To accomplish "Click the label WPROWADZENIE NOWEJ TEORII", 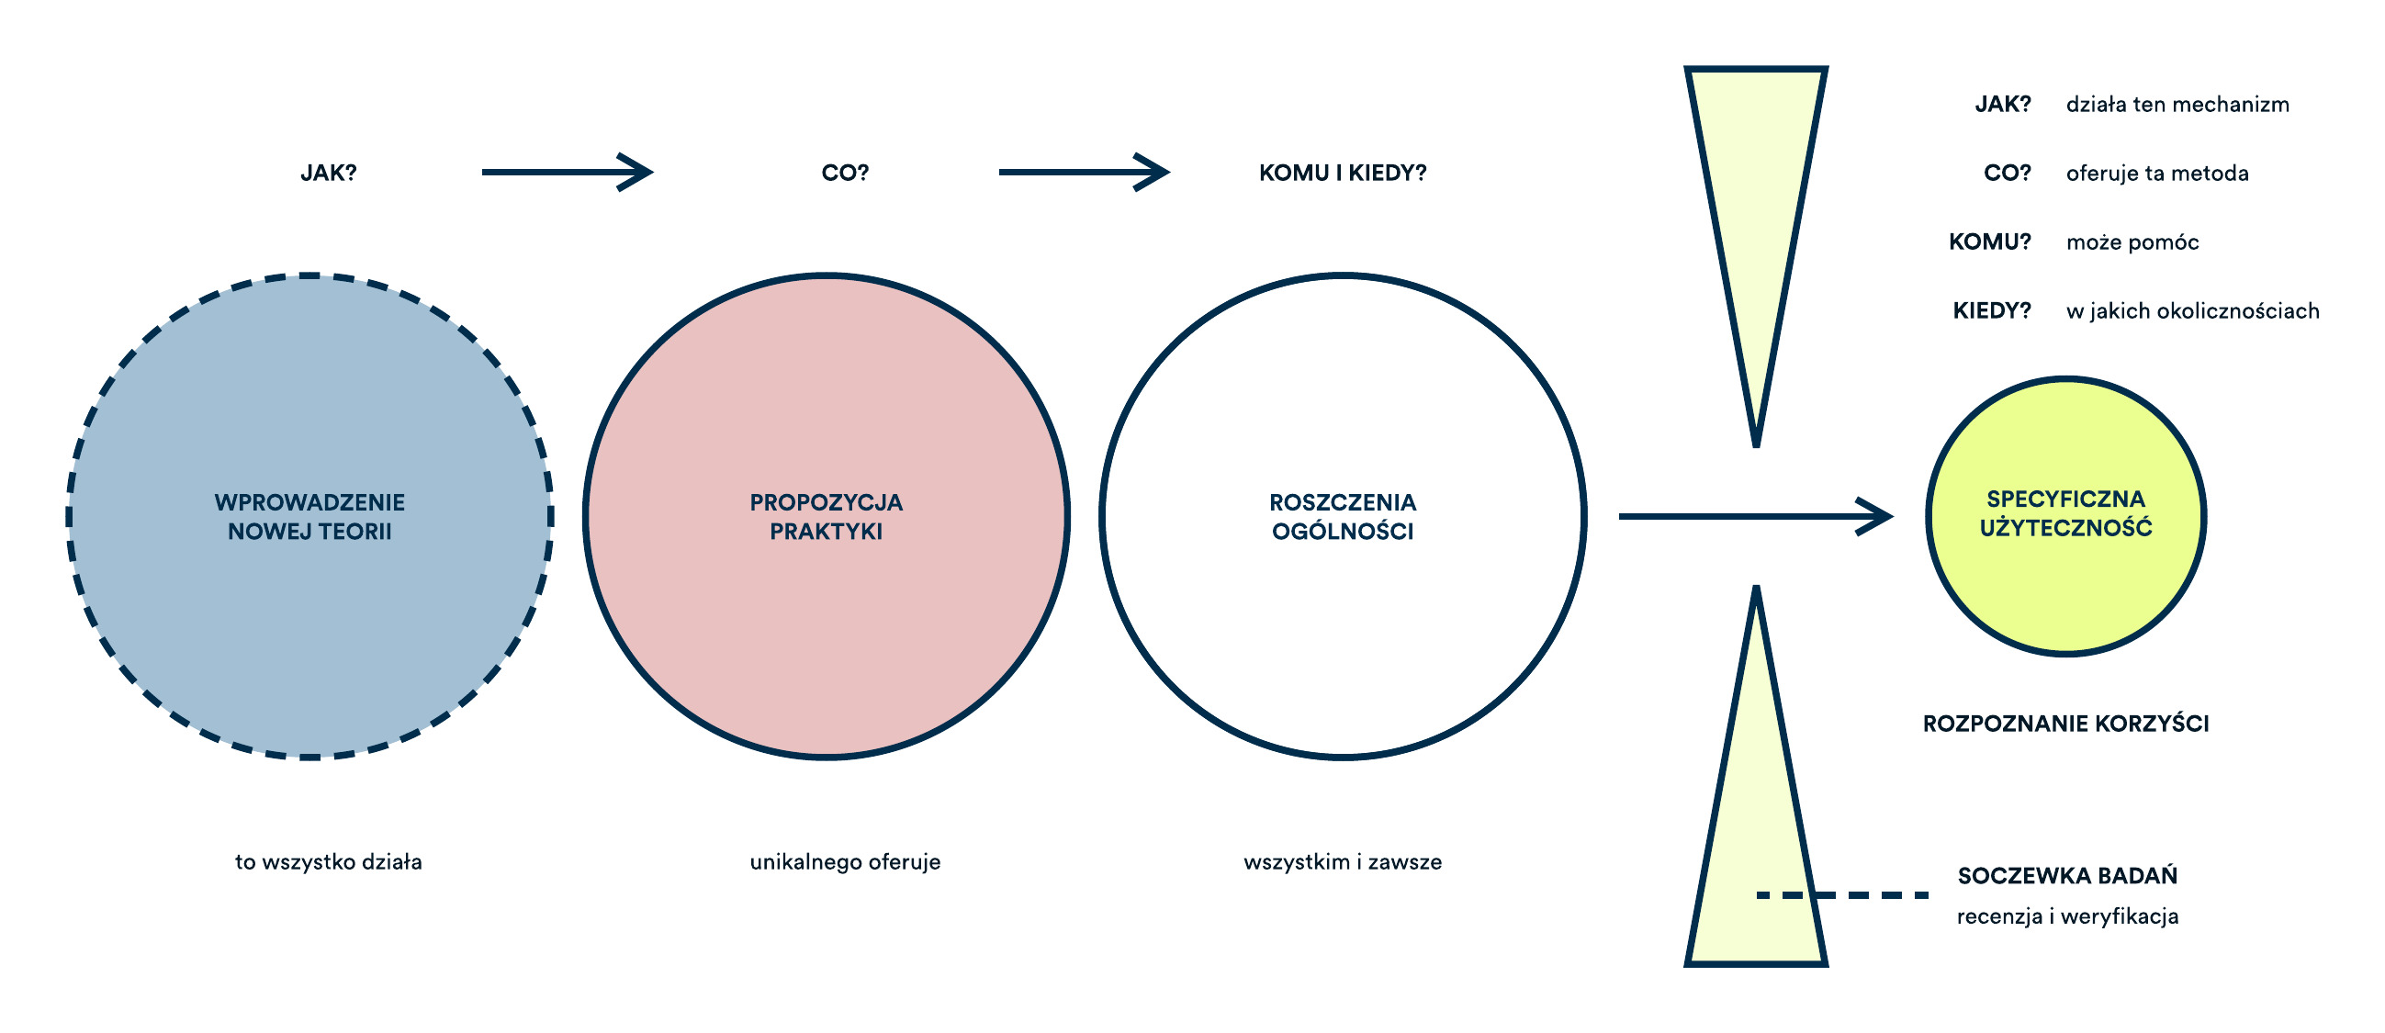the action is (x=310, y=516).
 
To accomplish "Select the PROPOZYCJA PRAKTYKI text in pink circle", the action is (x=826, y=516).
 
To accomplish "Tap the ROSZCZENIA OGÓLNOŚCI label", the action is (x=1343, y=516).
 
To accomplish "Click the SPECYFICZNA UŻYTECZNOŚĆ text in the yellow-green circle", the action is (x=2065, y=512).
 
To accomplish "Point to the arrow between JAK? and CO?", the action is (x=568, y=173).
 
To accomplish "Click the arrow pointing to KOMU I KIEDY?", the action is (x=1085, y=173).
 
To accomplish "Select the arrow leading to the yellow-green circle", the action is (x=1755, y=516).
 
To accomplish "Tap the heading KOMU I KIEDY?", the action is (x=1343, y=174).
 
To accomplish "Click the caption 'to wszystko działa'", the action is (x=329, y=863).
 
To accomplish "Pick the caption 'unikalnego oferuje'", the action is (x=845, y=863).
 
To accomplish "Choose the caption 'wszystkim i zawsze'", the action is (x=1343, y=863).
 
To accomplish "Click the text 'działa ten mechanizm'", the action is (x=2177, y=105).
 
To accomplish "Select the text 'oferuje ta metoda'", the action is (x=2157, y=174).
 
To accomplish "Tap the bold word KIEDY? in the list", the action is (x=1992, y=311).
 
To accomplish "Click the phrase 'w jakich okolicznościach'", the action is (x=2192, y=311).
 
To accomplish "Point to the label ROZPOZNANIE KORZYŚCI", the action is (x=2065, y=724).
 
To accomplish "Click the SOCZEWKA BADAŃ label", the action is (x=2067, y=876).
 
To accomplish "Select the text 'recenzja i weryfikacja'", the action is (x=2067, y=916).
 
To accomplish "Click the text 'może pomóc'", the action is (x=2132, y=242).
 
